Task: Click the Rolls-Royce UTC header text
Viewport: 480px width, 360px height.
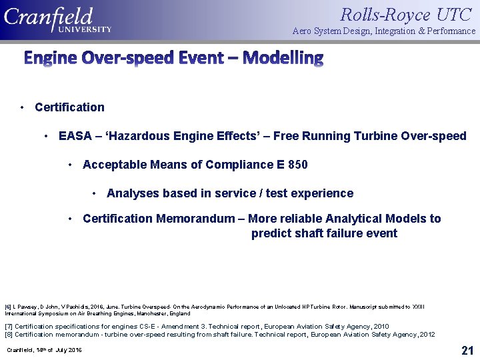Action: [407, 14]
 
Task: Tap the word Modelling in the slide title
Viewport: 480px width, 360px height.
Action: [283, 58]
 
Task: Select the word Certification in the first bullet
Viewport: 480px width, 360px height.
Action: [69, 107]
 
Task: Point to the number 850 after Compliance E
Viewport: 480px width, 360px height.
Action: [297, 165]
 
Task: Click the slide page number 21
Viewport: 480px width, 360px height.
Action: [467, 350]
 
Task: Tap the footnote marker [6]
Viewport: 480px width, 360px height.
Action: [8, 307]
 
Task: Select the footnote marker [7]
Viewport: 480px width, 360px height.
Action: [9, 327]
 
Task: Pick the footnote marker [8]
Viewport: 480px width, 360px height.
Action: [9, 334]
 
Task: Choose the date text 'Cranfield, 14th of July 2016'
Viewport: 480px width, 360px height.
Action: [44, 350]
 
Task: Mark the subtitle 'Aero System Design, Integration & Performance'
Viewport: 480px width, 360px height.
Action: [384, 31]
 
